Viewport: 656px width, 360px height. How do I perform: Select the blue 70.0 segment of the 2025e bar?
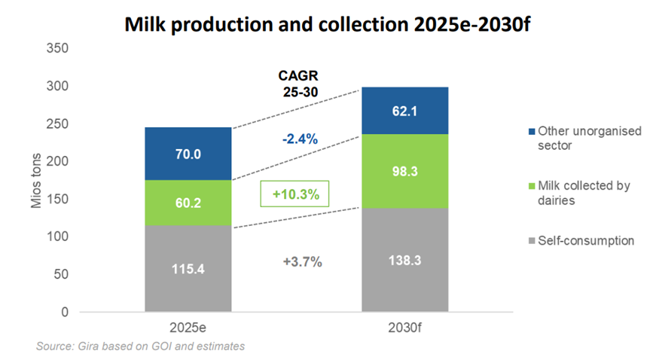coord(188,154)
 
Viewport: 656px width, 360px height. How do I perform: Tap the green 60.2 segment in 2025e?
coord(188,203)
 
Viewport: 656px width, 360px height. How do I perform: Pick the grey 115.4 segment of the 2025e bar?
coord(188,268)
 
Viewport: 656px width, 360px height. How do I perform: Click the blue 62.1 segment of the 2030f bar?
coord(405,111)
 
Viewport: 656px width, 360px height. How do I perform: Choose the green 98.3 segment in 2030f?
coord(405,171)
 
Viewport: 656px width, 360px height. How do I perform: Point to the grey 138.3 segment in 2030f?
coord(405,259)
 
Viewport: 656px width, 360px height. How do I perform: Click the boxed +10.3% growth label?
coord(297,194)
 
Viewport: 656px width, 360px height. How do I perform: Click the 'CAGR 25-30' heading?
coord(297,84)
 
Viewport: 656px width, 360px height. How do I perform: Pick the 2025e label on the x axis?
coord(188,328)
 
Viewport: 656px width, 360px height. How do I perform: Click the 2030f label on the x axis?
coord(405,328)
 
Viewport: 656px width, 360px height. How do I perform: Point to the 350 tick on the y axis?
coord(57,49)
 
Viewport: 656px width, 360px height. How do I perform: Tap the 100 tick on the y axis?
coord(57,236)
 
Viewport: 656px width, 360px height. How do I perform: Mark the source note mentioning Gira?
coord(140,346)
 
